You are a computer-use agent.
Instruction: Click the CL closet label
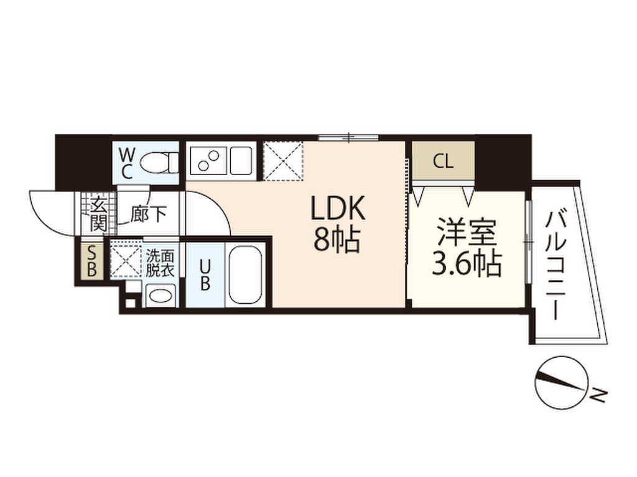tap(443, 162)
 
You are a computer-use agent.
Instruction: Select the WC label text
tap(126, 163)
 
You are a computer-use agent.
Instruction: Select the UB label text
tap(203, 275)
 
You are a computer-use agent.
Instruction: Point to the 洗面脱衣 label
tap(160, 262)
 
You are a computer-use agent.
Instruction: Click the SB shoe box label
tap(91, 261)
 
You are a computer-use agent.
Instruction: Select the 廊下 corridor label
tap(148, 215)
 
